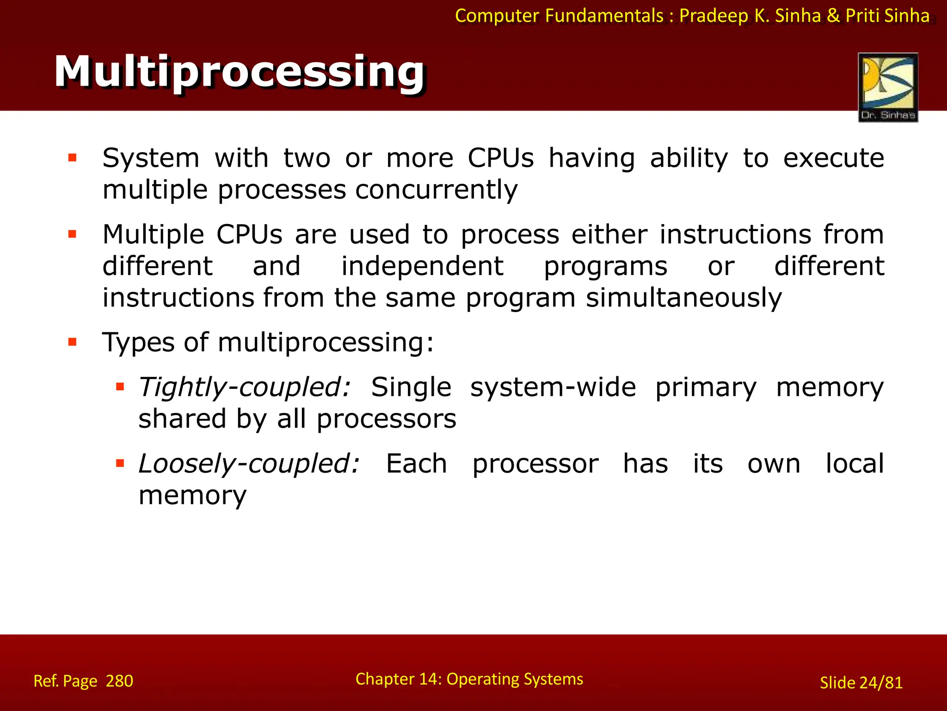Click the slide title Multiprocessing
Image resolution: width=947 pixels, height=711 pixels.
click(240, 72)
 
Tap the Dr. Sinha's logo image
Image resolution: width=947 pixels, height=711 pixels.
click(888, 87)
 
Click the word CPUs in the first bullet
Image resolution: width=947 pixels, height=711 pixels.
click(500, 158)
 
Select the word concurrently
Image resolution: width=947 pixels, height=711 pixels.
click(436, 190)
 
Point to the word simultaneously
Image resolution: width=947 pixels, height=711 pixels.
click(683, 298)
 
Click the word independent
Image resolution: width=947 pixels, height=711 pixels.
click(422, 267)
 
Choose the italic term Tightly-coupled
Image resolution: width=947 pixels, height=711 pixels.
click(245, 387)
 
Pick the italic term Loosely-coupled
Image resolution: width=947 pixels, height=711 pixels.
click(249, 464)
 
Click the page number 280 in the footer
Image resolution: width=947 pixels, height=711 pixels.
click(119, 681)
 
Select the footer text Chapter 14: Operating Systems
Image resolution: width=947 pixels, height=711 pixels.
click(469, 679)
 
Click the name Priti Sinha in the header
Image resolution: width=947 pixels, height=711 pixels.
click(887, 16)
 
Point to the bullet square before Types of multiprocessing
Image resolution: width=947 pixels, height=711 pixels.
click(72, 343)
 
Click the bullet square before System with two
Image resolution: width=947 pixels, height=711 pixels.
click(72, 158)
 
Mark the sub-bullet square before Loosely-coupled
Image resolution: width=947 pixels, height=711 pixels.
click(120, 463)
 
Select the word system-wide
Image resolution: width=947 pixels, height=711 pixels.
click(553, 387)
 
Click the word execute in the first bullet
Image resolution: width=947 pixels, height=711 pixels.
click(833, 158)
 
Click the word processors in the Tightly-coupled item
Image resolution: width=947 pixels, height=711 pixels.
click(386, 419)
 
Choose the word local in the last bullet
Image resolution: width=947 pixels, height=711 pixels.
click(855, 464)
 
